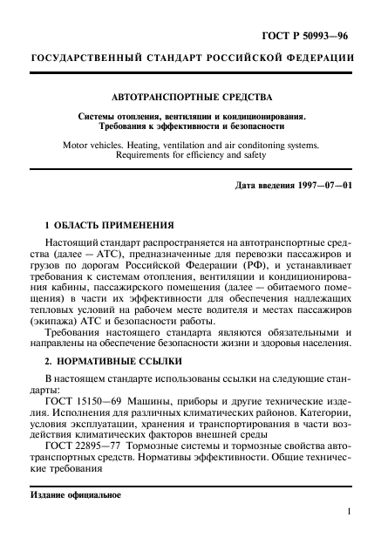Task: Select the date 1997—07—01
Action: tap(322, 186)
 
